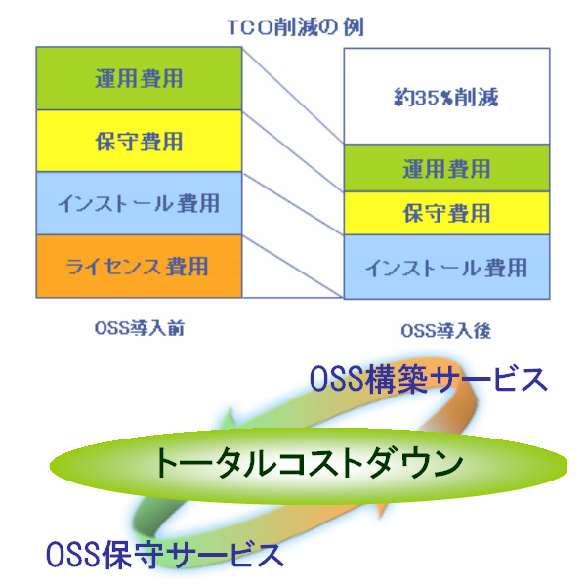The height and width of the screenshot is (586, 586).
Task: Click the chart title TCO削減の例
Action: [x=296, y=27]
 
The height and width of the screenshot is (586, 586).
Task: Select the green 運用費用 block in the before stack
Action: [x=139, y=78]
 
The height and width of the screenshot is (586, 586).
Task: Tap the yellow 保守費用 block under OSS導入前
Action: [x=139, y=141]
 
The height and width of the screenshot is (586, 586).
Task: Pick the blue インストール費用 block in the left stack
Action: [x=139, y=203]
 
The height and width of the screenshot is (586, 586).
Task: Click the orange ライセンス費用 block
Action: [x=139, y=266]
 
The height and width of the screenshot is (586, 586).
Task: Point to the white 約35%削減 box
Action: [x=446, y=97]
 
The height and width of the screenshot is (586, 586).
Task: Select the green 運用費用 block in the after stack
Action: [x=446, y=168]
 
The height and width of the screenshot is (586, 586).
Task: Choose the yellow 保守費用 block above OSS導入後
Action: [x=446, y=213]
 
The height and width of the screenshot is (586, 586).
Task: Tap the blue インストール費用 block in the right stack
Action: [x=446, y=268]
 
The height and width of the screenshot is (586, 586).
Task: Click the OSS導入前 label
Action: [x=140, y=328]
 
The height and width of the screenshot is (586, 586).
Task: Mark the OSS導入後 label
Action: [x=446, y=331]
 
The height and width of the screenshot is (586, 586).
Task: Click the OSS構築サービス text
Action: [x=429, y=379]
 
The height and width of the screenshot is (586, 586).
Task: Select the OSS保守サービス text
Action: [x=165, y=555]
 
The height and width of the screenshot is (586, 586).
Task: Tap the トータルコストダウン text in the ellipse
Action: [x=309, y=463]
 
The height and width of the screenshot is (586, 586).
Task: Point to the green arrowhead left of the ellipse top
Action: [x=228, y=419]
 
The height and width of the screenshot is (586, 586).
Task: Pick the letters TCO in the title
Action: [x=250, y=27]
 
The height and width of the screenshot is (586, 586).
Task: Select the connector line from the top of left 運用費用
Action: [x=293, y=96]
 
